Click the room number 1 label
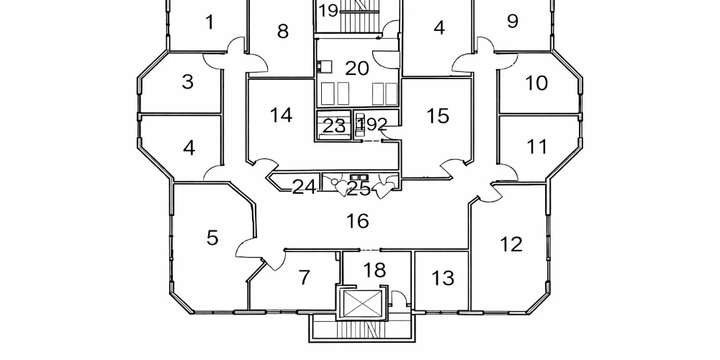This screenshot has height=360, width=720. pyautogui.click(x=210, y=22)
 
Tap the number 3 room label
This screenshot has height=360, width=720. pyautogui.click(x=187, y=82)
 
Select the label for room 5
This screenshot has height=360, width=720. pyautogui.click(x=212, y=238)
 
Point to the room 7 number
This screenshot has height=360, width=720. pyautogui.click(x=305, y=277)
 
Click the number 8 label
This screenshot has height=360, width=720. pyautogui.click(x=283, y=31)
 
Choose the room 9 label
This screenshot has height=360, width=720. pyautogui.click(x=513, y=21)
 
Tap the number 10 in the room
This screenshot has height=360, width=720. pyautogui.click(x=536, y=83)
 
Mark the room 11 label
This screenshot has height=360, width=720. pyautogui.click(x=537, y=147)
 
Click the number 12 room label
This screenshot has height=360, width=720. pyautogui.click(x=511, y=244)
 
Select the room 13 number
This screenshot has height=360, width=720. pyautogui.click(x=443, y=278)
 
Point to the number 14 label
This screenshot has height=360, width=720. pyautogui.click(x=281, y=114)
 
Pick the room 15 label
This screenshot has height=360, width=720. pyautogui.click(x=438, y=116)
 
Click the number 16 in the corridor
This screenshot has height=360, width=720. pyautogui.click(x=357, y=221)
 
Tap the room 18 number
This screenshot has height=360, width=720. pyautogui.click(x=374, y=270)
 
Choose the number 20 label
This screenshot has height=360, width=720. pyautogui.click(x=357, y=68)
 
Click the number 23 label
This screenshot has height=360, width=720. pyautogui.click(x=334, y=126)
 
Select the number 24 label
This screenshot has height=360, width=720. pyautogui.click(x=304, y=187)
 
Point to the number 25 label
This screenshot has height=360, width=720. pyautogui.click(x=359, y=188)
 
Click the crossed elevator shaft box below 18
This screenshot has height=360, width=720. pyautogui.click(x=363, y=304)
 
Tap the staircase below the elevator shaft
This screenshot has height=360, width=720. pyautogui.click(x=362, y=330)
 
